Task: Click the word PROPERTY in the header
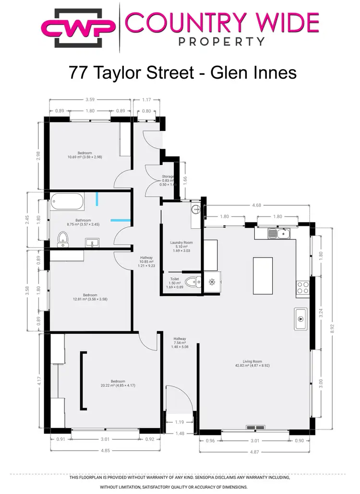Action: [221, 41]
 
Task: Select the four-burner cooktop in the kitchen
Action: [302, 287]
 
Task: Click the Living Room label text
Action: [252, 362]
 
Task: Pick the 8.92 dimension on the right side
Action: [331, 328]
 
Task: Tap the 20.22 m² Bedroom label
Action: [114, 383]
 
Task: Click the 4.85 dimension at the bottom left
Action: [105, 450]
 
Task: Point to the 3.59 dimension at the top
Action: [89, 100]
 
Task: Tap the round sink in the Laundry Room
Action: [195, 209]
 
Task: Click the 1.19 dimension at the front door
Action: [179, 422]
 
